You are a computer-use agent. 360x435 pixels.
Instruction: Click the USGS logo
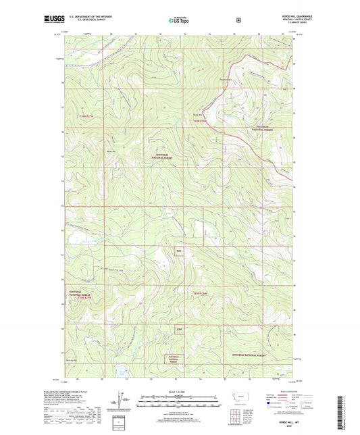[x=56, y=20]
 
